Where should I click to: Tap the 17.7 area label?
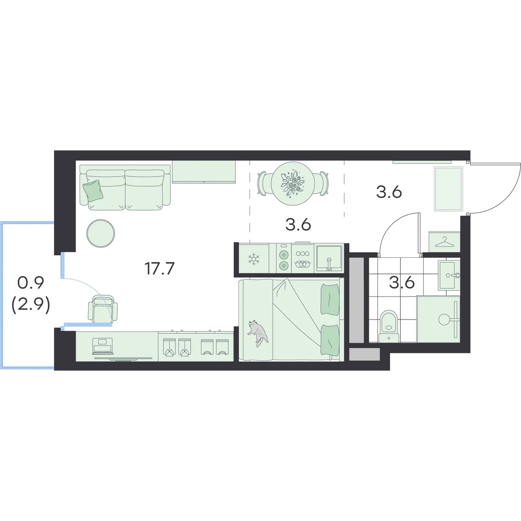159,268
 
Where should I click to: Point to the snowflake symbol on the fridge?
254,259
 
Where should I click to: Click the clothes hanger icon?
444,241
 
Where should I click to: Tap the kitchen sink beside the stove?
329,258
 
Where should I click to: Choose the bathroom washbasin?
449,275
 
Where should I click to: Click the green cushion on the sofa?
93,190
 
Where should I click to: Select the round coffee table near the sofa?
101,233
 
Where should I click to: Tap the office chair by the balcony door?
103,309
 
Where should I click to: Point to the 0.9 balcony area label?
30,283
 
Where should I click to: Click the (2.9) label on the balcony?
31,306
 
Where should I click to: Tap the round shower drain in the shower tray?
444,319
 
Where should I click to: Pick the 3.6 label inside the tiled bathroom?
402,283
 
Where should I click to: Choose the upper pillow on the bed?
330,299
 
